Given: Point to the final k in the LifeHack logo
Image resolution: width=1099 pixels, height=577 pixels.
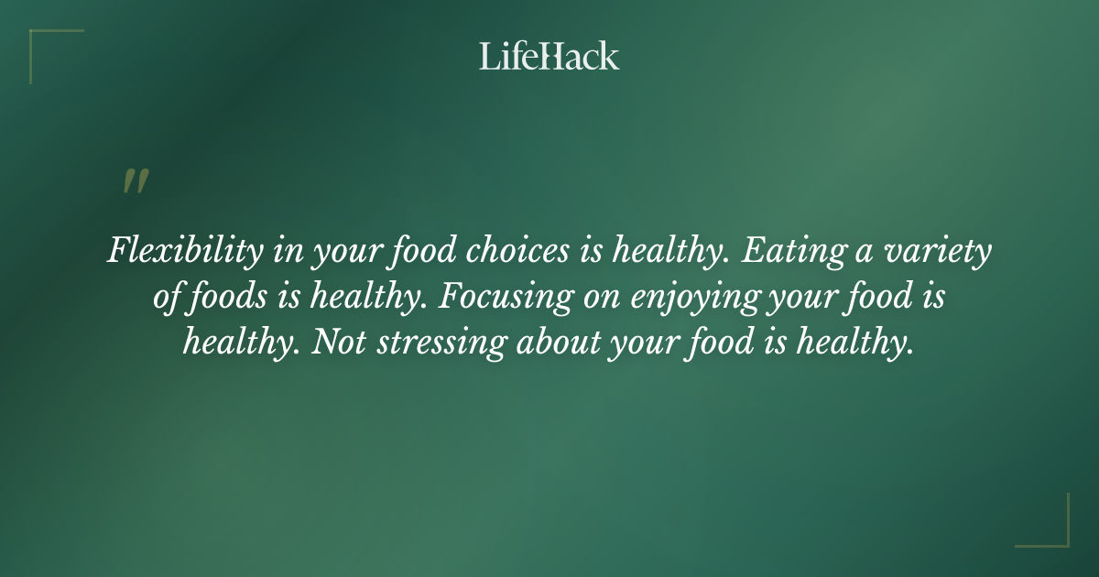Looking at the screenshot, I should [610, 56].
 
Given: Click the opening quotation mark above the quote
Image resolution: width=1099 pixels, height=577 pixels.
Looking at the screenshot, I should [135, 181].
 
